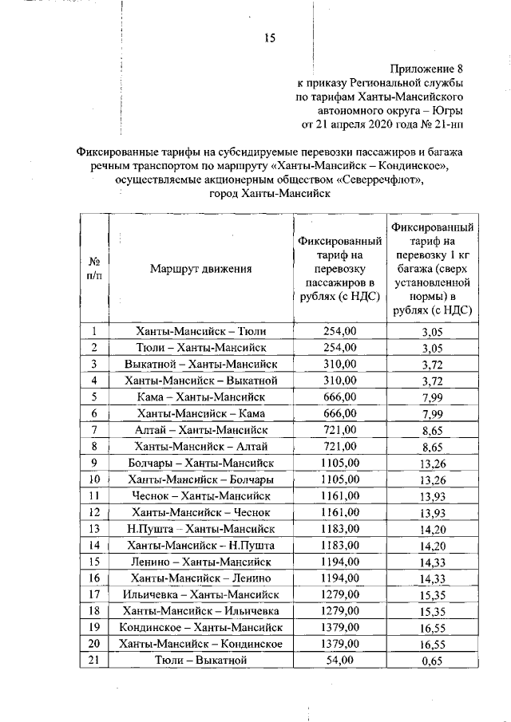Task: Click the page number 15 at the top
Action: [270, 37]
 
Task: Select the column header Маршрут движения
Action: [200, 269]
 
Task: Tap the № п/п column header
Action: [93, 269]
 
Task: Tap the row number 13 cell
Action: [93, 529]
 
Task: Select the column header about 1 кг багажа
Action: [431, 269]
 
